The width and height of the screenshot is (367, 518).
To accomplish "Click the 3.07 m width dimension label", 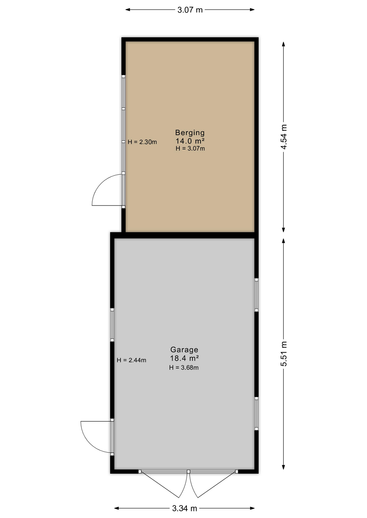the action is tap(190, 10).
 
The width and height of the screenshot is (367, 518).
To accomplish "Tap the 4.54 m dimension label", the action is tap(283, 137).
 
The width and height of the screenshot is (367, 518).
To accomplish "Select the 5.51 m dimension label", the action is tap(283, 354).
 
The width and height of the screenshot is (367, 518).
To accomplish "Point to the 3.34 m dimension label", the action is tap(185, 509).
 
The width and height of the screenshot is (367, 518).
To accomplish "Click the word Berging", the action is tap(190, 132).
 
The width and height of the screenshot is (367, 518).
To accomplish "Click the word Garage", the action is tap(184, 350).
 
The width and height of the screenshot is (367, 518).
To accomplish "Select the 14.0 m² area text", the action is tap(190, 141).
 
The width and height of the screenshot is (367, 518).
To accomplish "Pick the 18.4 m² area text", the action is tap(184, 358).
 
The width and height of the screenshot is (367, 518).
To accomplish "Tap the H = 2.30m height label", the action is tap(142, 142).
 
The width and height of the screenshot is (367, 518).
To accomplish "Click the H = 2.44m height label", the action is tap(131, 360).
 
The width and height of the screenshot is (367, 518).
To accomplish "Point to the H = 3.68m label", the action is tap(184, 367).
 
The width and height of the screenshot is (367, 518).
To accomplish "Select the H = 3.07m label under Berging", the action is tap(190, 148).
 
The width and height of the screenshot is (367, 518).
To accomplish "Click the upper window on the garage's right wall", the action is tap(256, 295).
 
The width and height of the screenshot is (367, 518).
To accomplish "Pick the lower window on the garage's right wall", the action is tap(256, 414).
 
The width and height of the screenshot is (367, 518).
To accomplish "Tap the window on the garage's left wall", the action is tap(112, 325).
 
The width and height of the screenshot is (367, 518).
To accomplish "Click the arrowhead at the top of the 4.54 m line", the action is tap(283, 44).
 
